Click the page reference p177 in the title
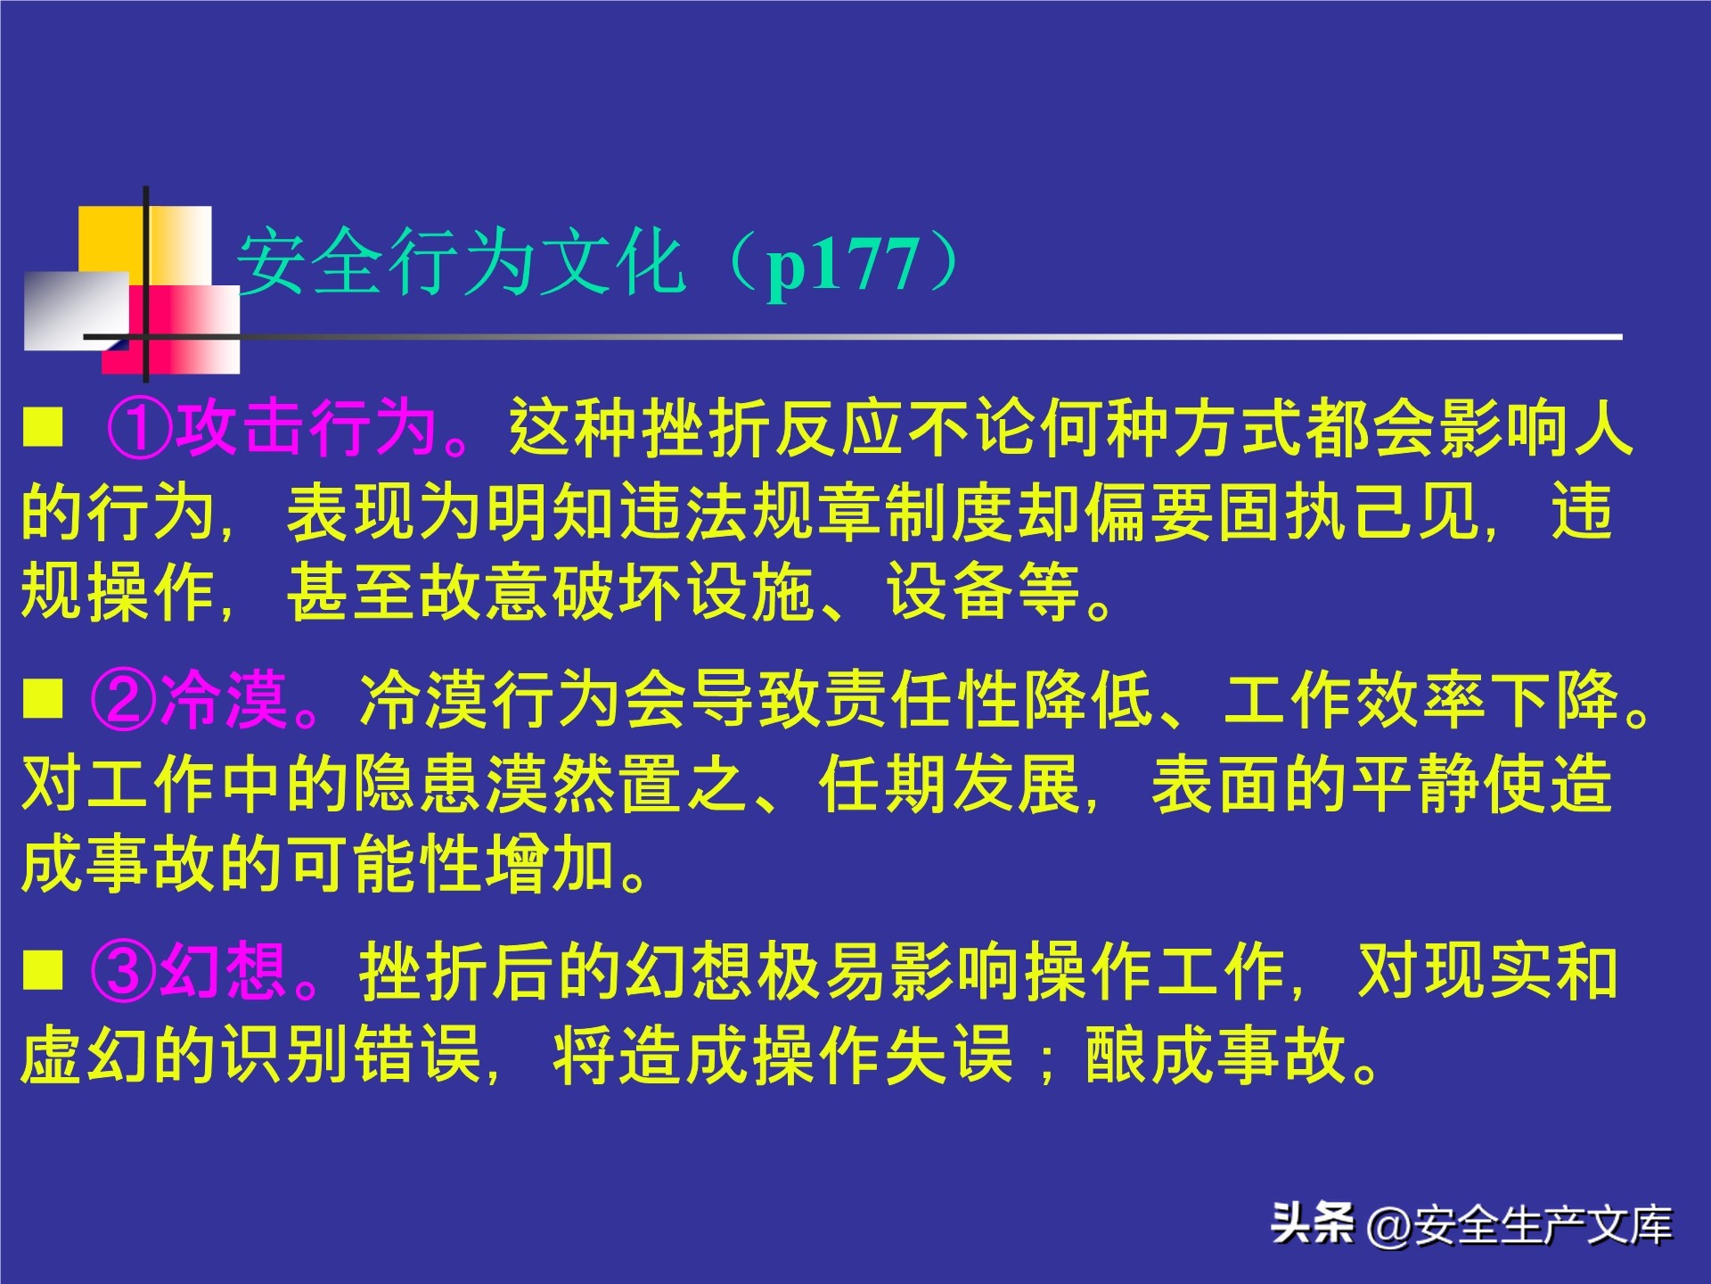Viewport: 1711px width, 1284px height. pyautogui.click(x=842, y=266)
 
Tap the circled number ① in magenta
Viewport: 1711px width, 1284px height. pyautogui.click(x=139, y=428)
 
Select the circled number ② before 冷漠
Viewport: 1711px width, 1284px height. pyautogui.click(x=123, y=700)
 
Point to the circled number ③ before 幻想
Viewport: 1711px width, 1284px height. pyautogui.click(x=123, y=971)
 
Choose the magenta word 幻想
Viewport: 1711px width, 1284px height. pyautogui.click(x=223, y=971)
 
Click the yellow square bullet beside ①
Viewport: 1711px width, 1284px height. pyautogui.click(x=43, y=427)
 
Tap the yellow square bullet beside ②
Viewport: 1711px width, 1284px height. pyautogui.click(x=43, y=699)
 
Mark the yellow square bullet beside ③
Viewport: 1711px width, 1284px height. pyautogui.click(x=43, y=970)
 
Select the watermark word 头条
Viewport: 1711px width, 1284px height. pyautogui.click(x=1312, y=1223)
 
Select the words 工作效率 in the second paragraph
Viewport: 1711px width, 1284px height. pyautogui.click(x=1356, y=700)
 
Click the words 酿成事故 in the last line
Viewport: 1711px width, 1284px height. pyautogui.click(x=1216, y=1055)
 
